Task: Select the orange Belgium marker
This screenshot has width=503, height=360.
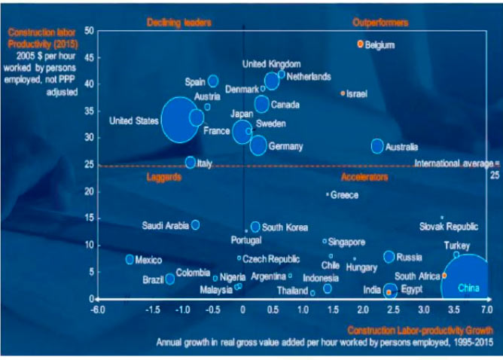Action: (x=361, y=44)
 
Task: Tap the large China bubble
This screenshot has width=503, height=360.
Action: (x=468, y=282)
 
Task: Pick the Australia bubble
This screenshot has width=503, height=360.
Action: (x=377, y=146)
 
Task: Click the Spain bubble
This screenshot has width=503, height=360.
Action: (x=213, y=81)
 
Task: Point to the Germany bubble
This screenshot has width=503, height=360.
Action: (x=258, y=145)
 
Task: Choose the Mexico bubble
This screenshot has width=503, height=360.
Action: (x=130, y=259)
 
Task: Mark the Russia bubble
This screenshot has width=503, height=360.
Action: (x=389, y=257)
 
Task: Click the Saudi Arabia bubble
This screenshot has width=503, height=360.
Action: (x=196, y=224)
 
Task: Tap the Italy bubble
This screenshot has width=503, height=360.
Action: (x=191, y=162)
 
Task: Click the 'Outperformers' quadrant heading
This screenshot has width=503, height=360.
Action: (x=380, y=22)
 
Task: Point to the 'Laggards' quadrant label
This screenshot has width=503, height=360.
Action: (x=164, y=177)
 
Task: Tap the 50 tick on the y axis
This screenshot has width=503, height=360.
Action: (x=88, y=30)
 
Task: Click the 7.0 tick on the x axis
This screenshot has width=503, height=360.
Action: (x=485, y=309)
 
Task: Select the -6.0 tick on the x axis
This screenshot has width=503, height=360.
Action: (x=97, y=309)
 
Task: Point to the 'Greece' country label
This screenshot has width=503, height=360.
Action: (x=344, y=195)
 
